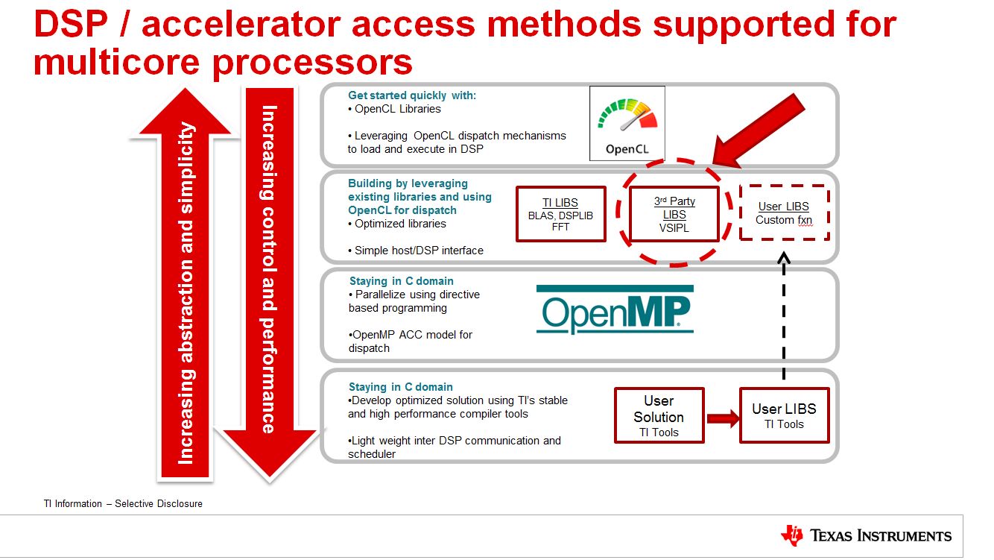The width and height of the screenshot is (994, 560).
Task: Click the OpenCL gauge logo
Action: [x=627, y=123]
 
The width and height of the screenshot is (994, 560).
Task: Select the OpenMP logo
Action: [x=615, y=309]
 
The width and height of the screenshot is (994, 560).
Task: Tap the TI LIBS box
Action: [x=560, y=214]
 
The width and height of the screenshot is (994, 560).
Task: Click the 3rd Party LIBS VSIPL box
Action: [x=674, y=215]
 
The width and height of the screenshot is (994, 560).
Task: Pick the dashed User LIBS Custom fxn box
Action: [x=783, y=213]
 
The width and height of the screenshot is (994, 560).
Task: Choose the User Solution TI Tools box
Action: [x=659, y=415]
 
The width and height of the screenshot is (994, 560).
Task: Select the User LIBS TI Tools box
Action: [x=784, y=415]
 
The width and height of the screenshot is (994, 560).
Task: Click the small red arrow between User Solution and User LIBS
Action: [x=722, y=418]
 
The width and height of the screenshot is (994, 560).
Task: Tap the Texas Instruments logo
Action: [x=867, y=535]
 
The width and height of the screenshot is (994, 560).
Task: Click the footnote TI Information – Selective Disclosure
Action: [x=123, y=504]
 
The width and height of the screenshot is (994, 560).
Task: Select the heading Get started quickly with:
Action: [x=412, y=95]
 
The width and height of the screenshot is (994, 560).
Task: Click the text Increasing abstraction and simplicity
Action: [x=186, y=291]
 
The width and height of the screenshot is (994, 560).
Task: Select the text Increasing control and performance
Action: [x=269, y=268]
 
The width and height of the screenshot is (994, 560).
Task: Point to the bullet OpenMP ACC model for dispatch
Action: [x=410, y=342]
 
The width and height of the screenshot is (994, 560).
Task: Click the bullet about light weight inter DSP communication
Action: [x=454, y=447]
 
